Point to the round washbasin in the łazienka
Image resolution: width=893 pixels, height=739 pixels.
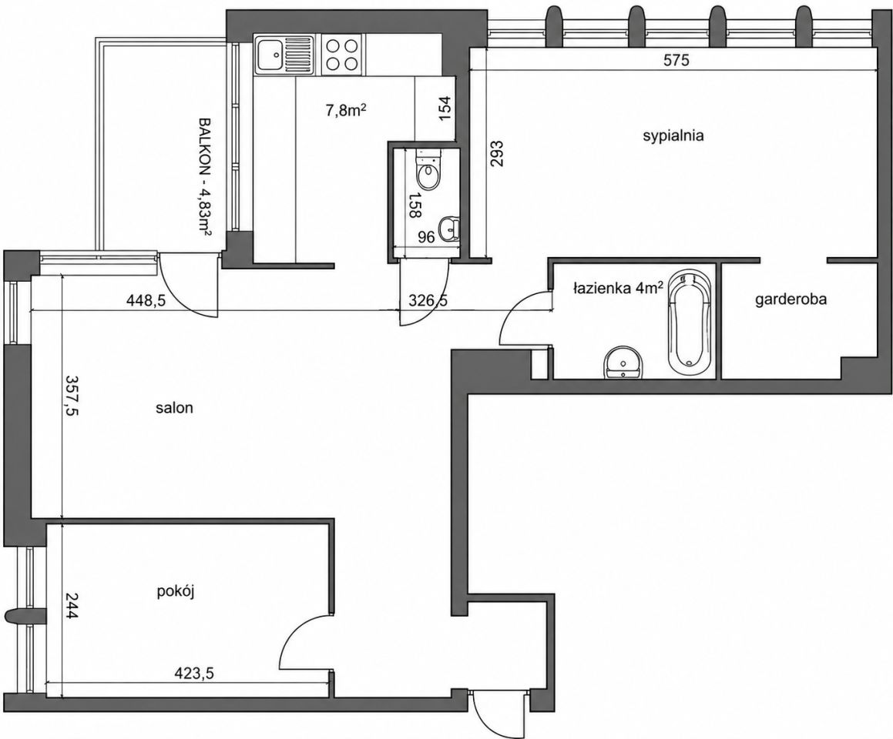pyautogui.click(x=623, y=363)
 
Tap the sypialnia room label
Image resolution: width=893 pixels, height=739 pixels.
pyautogui.click(x=673, y=136)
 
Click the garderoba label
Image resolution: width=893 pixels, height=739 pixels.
pyautogui.click(x=791, y=299)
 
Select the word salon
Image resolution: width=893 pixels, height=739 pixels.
pyautogui.click(x=175, y=408)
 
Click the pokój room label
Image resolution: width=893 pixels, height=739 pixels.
pyautogui.click(x=176, y=592)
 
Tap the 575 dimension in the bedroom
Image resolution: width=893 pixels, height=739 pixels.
pyautogui.click(x=676, y=60)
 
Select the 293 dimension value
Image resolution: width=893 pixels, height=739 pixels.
pyautogui.click(x=498, y=152)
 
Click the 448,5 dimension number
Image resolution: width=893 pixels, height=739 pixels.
pyautogui.click(x=145, y=300)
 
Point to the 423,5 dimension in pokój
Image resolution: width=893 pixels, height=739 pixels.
pyautogui.click(x=193, y=674)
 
